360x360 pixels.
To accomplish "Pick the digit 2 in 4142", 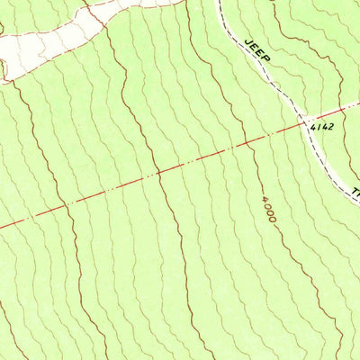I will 330,127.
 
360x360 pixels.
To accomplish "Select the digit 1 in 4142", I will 318,127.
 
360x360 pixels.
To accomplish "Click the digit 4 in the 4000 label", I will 265,197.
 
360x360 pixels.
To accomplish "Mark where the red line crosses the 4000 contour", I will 251,140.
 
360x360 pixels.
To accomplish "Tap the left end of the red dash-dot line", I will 2,226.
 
